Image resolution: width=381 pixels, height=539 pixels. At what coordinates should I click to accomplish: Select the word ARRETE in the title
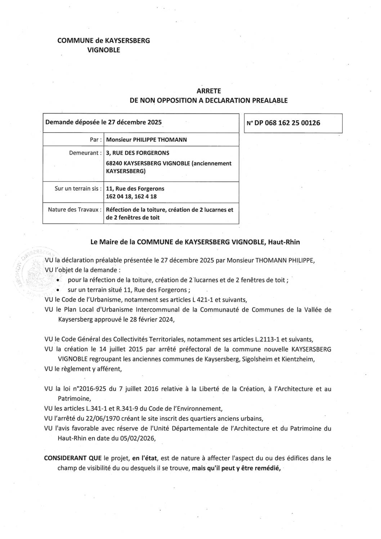[209, 92]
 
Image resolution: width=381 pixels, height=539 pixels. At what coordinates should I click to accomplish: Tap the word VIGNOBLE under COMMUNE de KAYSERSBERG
[104, 50]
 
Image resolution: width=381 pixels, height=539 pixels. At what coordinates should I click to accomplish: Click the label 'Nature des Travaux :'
[75, 209]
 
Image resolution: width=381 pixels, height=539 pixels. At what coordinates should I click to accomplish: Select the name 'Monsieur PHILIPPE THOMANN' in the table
[147, 140]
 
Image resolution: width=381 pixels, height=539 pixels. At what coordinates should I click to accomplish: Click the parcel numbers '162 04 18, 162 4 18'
[131, 197]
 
